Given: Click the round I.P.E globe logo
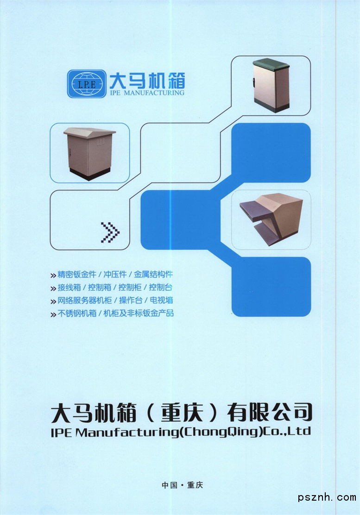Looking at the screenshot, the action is [x=87, y=84].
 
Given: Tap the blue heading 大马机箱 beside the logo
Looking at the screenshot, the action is [x=147, y=81].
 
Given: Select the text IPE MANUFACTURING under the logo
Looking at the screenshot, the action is [x=147, y=93].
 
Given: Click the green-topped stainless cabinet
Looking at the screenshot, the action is [x=272, y=85].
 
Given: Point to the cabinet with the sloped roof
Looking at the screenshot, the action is [x=89, y=153].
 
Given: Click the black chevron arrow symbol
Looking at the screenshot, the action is [x=110, y=232].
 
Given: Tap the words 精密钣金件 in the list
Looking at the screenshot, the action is [x=77, y=274].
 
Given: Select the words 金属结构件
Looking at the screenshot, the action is [x=153, y=274].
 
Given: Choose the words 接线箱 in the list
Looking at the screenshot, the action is [x=69, y=288].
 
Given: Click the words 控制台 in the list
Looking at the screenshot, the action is [x=161, y=288].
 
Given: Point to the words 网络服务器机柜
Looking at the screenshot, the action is [x=85, y=300].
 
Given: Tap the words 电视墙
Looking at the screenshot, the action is [x=161, y=300].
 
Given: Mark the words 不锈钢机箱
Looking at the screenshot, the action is [x=77, y=314].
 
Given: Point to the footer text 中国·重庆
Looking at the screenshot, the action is [x=182, y=485].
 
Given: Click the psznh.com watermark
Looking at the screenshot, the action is [x=327, y=498].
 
